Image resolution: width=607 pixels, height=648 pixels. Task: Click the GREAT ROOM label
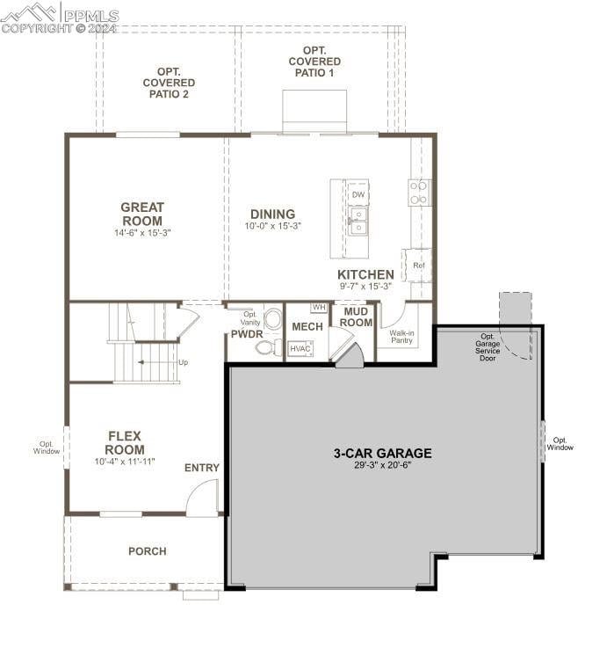tap(142, 214)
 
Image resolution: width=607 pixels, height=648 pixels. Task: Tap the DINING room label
tap(272, 214)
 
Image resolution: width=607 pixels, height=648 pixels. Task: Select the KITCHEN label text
tap(365, 274)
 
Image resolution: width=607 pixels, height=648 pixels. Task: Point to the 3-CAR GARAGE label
tap(382, 454)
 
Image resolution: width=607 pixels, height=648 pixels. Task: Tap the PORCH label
tap(147, 551)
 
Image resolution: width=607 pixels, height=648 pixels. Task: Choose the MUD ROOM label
tap(357, 317)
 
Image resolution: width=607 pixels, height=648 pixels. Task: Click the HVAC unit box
tap(300, 348)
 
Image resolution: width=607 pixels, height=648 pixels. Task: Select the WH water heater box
tap(319, 308)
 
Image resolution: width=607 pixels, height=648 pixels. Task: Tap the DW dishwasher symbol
tap(358, 194)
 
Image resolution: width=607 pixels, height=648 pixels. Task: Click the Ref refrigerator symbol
tap(419, 265)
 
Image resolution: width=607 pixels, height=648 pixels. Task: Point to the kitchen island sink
tap(358, 220)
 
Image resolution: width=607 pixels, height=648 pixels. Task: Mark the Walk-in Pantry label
tap(402, 337)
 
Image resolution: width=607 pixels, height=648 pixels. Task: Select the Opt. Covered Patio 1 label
tap(314, 62)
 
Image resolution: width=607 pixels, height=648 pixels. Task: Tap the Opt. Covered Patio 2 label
tap(169, 83)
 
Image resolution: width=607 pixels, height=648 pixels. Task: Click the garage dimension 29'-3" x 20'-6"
tap(382, 465)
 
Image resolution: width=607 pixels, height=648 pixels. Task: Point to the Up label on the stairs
tap(183, 362)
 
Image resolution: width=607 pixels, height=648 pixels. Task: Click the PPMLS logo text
tap(86, 15)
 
